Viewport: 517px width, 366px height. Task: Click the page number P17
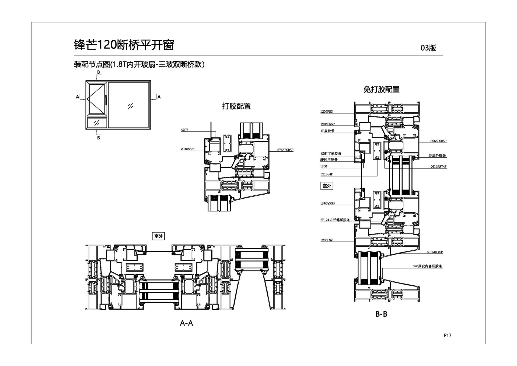[448, 335]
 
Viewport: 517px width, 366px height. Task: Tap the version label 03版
[428, 48]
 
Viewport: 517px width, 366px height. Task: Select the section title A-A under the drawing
[186, 323]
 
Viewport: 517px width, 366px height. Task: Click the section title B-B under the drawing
[381, 314]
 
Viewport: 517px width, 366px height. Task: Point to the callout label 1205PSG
[326, 112]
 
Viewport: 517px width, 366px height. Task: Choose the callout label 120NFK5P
[327, 124]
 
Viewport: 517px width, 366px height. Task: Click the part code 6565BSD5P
[438, 141]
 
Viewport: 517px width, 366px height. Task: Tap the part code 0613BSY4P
[438, 167]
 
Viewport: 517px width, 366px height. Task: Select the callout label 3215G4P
[327, 174]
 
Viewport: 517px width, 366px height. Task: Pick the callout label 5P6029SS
[327, 203]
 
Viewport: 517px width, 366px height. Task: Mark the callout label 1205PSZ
[326, 240]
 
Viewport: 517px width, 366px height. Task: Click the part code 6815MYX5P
[435, 252]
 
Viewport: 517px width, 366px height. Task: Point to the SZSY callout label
[184, 130]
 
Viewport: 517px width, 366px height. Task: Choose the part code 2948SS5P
[188, 149]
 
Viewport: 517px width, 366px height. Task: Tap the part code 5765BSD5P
[285, 150]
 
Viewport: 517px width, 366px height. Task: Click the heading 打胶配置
[236, 106]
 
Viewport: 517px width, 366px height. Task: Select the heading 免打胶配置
[381, 89]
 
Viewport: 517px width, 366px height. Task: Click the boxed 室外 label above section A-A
[158, 236]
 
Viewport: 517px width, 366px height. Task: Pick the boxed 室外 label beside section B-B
[327, 186]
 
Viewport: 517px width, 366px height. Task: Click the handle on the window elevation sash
[106, 100]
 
